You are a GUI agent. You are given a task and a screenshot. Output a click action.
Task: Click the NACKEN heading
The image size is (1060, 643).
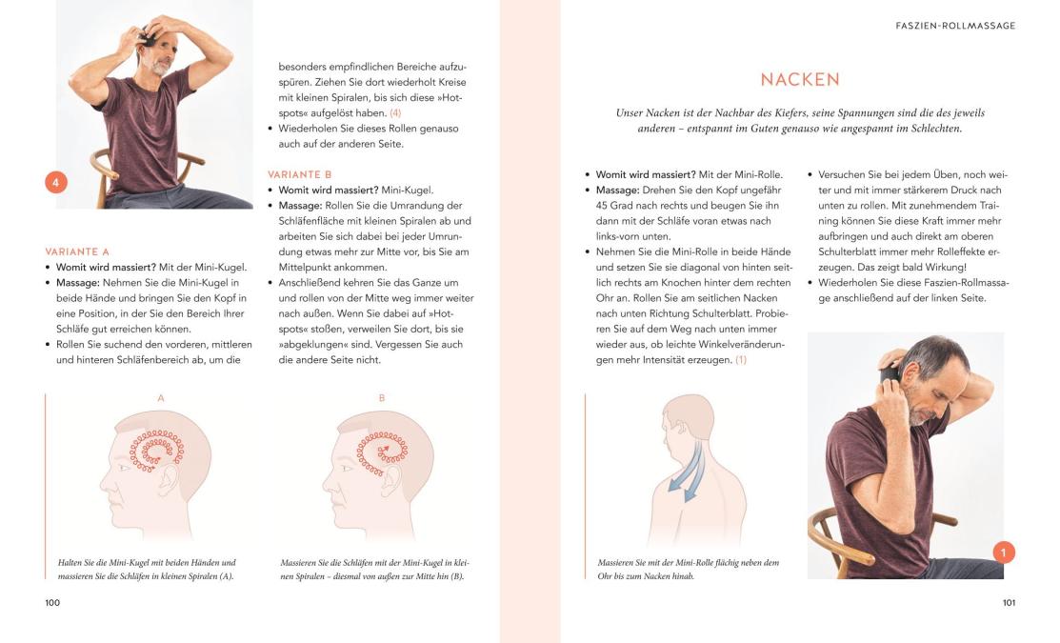click(800, 80)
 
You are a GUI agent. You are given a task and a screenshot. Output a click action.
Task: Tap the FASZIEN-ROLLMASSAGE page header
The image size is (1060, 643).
click(955, 26)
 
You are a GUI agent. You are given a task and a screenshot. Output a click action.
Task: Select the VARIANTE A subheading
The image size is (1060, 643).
click(77, 251)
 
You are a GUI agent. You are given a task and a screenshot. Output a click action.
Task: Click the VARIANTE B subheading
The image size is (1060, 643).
click(299, 174)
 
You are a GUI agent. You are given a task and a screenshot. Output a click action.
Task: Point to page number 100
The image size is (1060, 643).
click(52, 602)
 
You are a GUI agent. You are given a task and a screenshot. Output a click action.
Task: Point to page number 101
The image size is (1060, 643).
click(1009, 602)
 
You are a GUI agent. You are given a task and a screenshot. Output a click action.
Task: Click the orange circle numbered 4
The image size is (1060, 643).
click(56, 182)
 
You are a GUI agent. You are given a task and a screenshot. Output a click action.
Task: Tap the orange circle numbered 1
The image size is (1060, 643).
click(1004, 553)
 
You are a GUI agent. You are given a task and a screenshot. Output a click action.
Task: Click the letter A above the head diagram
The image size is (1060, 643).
click(161, 398)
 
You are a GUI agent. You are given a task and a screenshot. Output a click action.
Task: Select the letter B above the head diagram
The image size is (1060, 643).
click(382, 398)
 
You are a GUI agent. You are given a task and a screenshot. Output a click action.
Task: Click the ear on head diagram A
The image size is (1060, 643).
click(166, 482)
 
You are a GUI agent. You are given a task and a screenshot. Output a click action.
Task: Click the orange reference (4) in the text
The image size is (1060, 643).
click(395, 113)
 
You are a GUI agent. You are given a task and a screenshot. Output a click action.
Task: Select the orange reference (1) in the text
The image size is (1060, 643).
click(741, 360)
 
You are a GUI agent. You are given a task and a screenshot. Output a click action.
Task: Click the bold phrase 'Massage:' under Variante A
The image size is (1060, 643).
click(78, 283)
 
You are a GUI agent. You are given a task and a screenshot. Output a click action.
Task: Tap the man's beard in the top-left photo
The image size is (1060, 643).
click(160, 67)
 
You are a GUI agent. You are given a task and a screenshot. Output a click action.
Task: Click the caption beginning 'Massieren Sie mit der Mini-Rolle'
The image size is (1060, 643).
click(689, 570)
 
